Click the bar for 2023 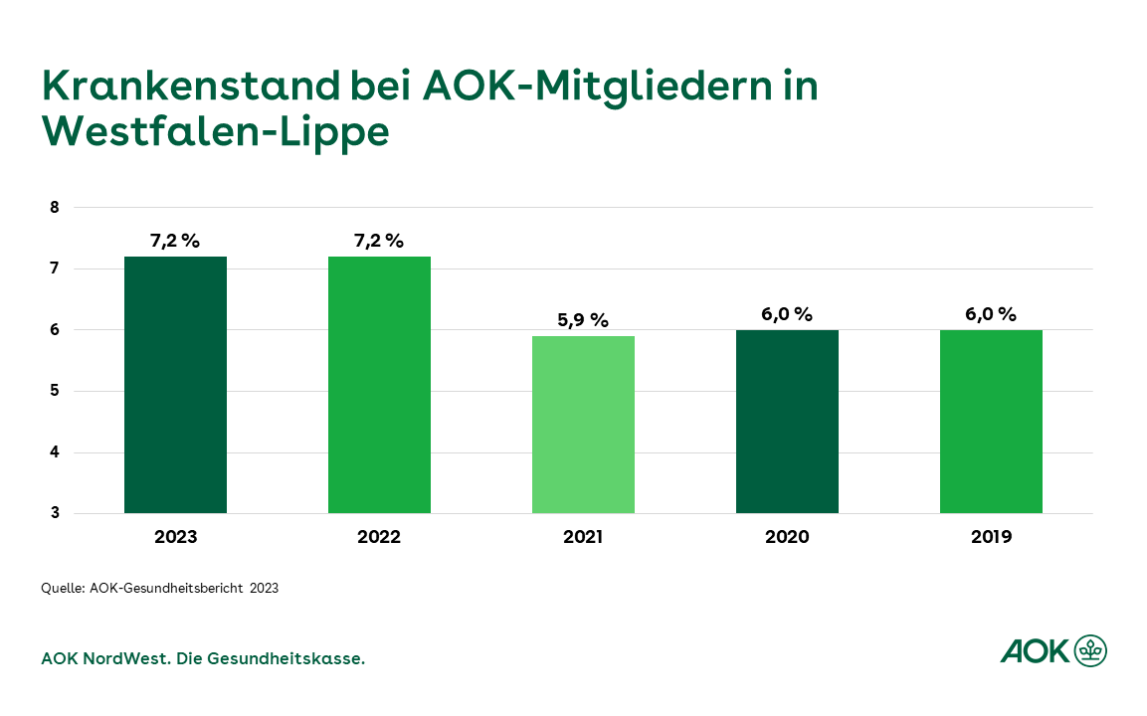point(175,385)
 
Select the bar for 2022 point(379,385)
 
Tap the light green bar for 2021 point(583,425)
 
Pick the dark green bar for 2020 point(787,422)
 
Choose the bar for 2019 point(991,422)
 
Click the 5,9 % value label point(583,319)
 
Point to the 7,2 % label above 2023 point(175,240)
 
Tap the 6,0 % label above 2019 point(991,313)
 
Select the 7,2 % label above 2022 point(379,240)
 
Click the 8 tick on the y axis point(55,208)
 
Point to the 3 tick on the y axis point(55,513)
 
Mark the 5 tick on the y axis point(55,391)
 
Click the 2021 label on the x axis point(583,537)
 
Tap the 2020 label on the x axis point(787,537)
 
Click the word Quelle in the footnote point(62,588)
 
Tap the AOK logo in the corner point(1053,651)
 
